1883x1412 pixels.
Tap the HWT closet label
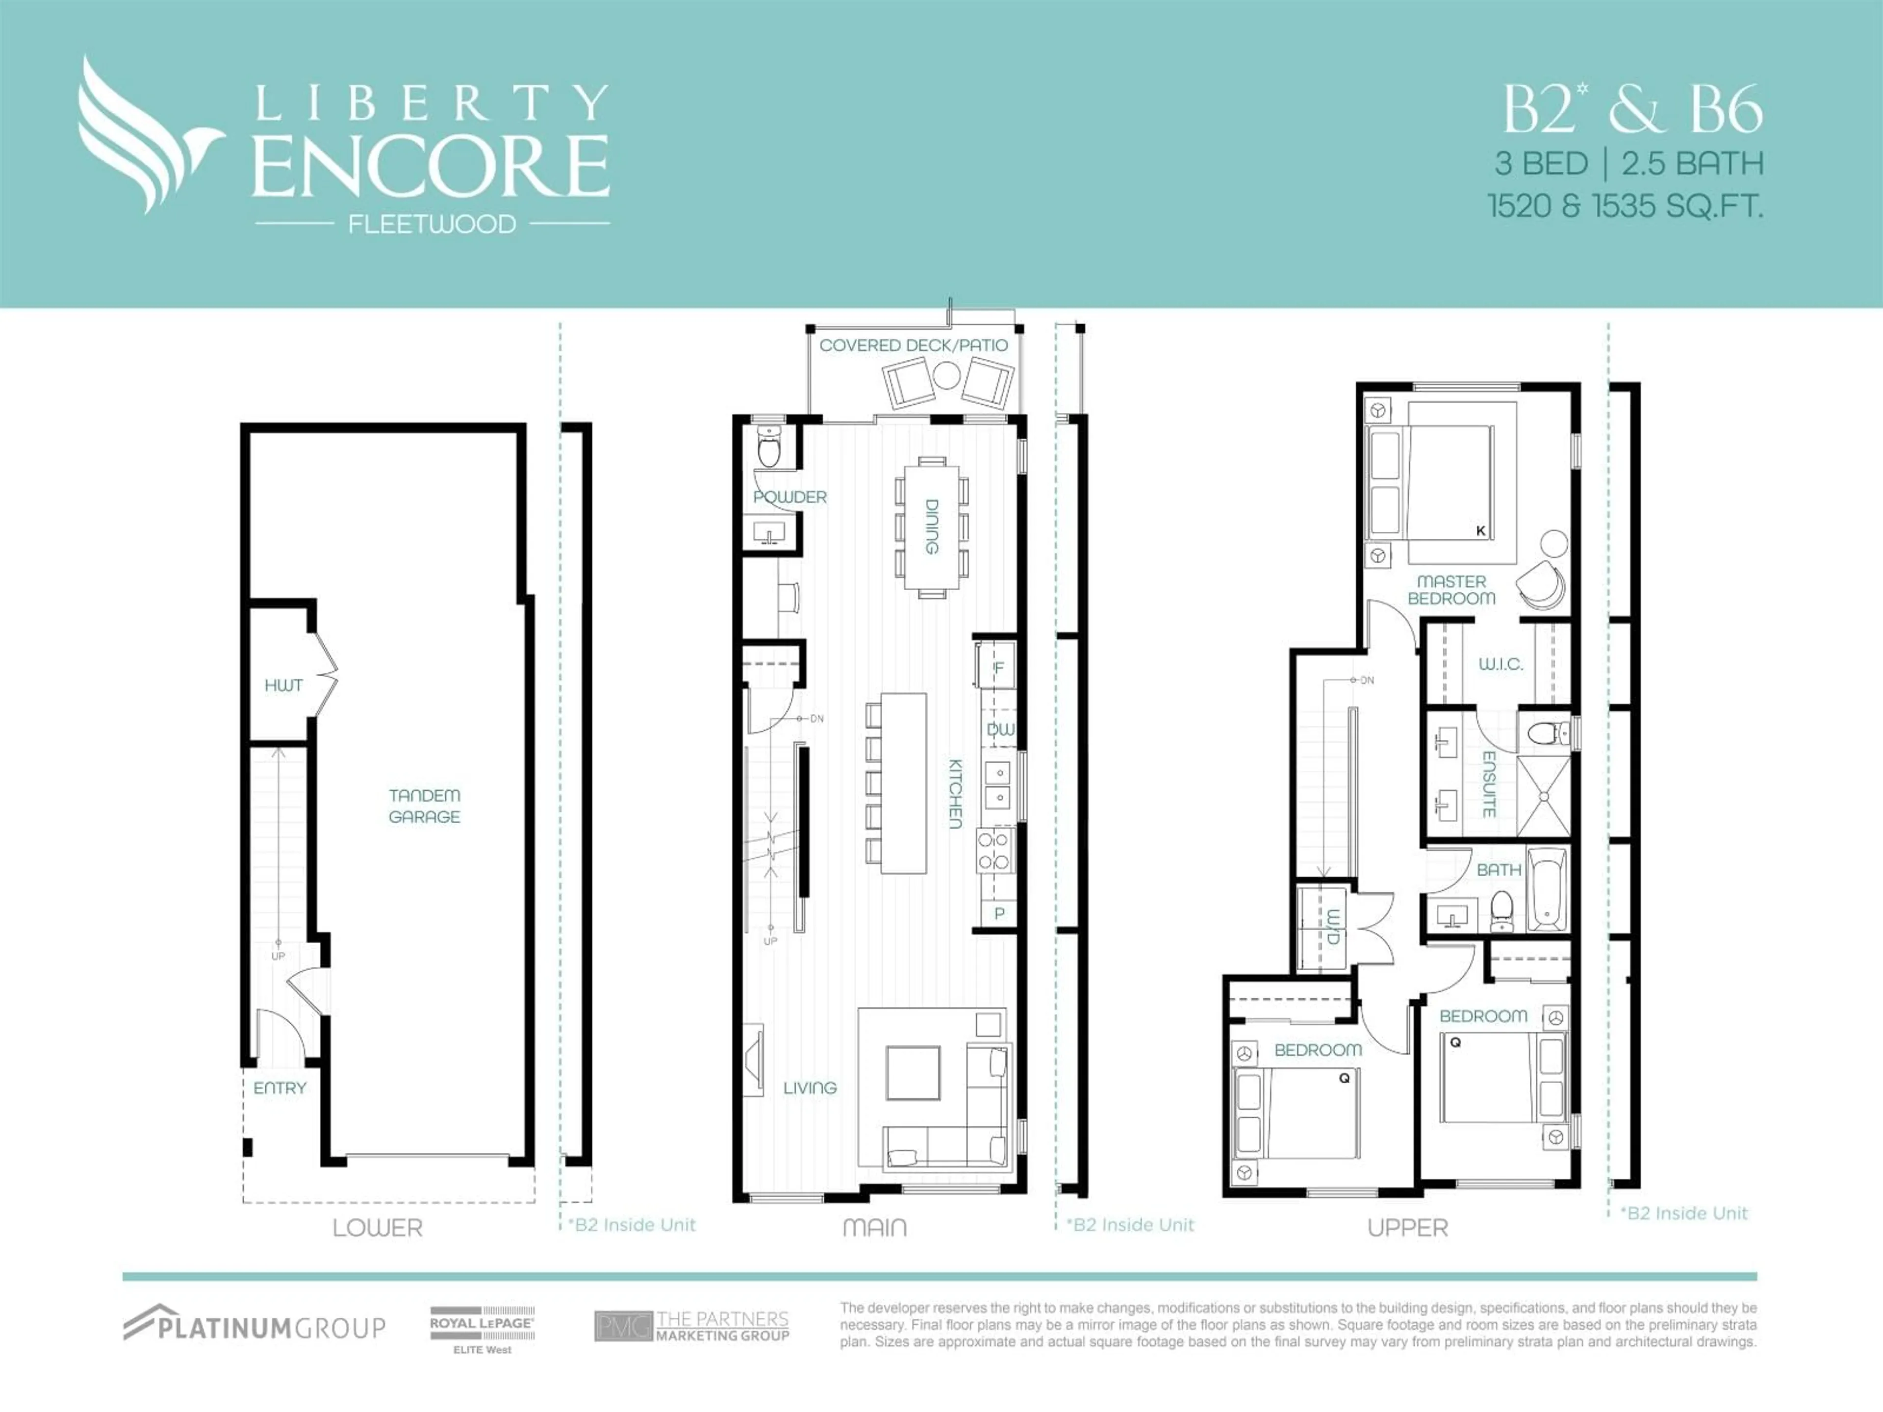pyautogui.click(x=283, y=685)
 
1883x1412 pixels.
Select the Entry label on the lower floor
pyautogui.click(x=279, y=1088)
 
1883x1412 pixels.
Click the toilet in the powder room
pyautogui.click(x=769, y=449)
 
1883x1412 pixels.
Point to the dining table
pyautogui.click(x=931, y=527)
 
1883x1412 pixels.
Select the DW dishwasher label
pyautogui.click(x=1000, y=730)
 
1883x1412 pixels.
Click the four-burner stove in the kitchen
pyautogui.click(x=993, y=850)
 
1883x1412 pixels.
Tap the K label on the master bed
pyautogui.click(x=1480, y=531)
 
